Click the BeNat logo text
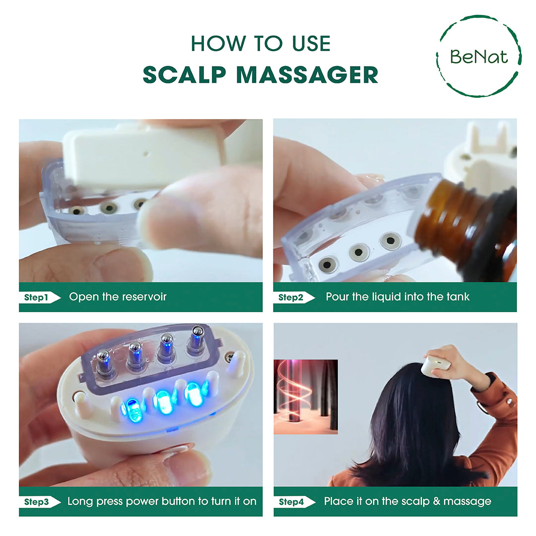[479, 56]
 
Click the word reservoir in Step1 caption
[145, 297]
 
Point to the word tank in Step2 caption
[457, 297]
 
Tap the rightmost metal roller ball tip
[198, 331]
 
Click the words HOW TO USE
[261, 44]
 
